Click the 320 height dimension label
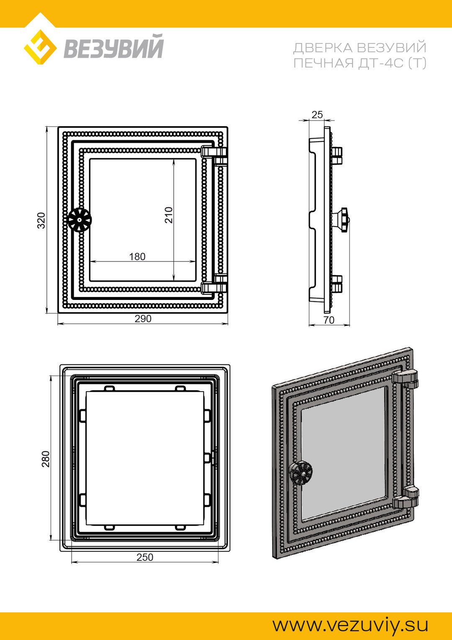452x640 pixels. pos(41,220)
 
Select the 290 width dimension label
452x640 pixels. pos(143,319)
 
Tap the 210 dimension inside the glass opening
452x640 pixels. pos(169,215)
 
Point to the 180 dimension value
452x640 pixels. pos(137,257)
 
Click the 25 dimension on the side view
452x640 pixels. pos(317,115)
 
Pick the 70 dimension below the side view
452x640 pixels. pos(329,320)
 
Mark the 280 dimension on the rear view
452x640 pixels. pos(45,459)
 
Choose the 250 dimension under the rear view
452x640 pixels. pos(145,557)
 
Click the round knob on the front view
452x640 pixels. pos(79,220)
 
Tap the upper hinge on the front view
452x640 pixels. pos(214,155)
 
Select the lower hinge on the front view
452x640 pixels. pos(214,284)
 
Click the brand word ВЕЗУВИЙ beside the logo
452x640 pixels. pos(113,47)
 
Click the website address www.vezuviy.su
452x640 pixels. pos(350,625)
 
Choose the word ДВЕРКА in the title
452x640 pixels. pos(323,48)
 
